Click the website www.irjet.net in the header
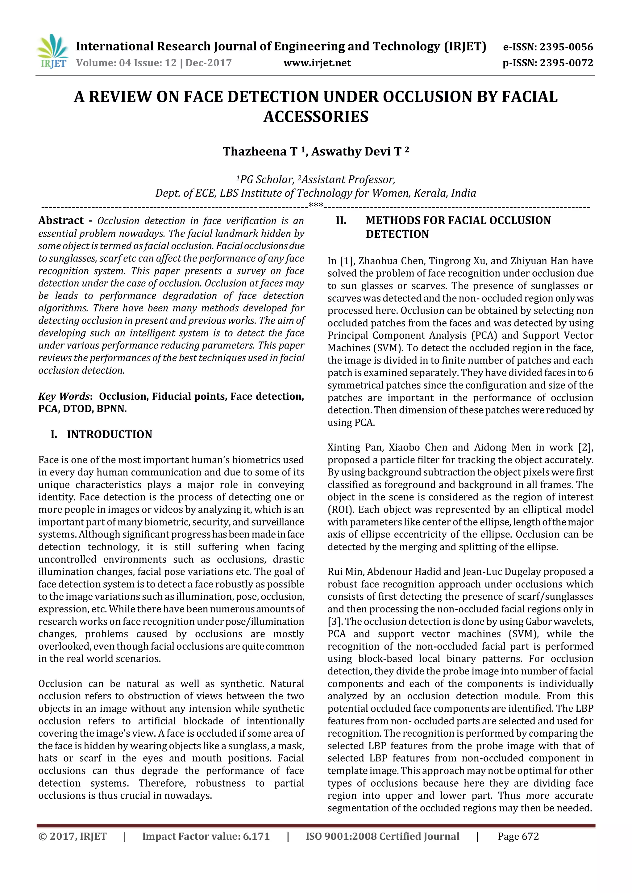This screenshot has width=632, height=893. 317,63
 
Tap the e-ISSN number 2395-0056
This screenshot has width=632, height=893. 566,47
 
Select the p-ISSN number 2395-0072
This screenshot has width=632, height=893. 566,63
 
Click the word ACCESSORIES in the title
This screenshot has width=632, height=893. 316,117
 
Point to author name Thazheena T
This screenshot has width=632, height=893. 260,151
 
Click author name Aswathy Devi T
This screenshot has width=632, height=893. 356,151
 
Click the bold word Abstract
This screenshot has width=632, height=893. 61,220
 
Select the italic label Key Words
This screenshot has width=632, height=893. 64,396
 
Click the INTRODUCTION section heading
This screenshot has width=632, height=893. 109,434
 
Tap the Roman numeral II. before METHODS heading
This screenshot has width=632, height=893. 341,220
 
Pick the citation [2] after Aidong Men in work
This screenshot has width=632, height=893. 586,447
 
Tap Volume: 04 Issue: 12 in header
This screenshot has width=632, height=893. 127,63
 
